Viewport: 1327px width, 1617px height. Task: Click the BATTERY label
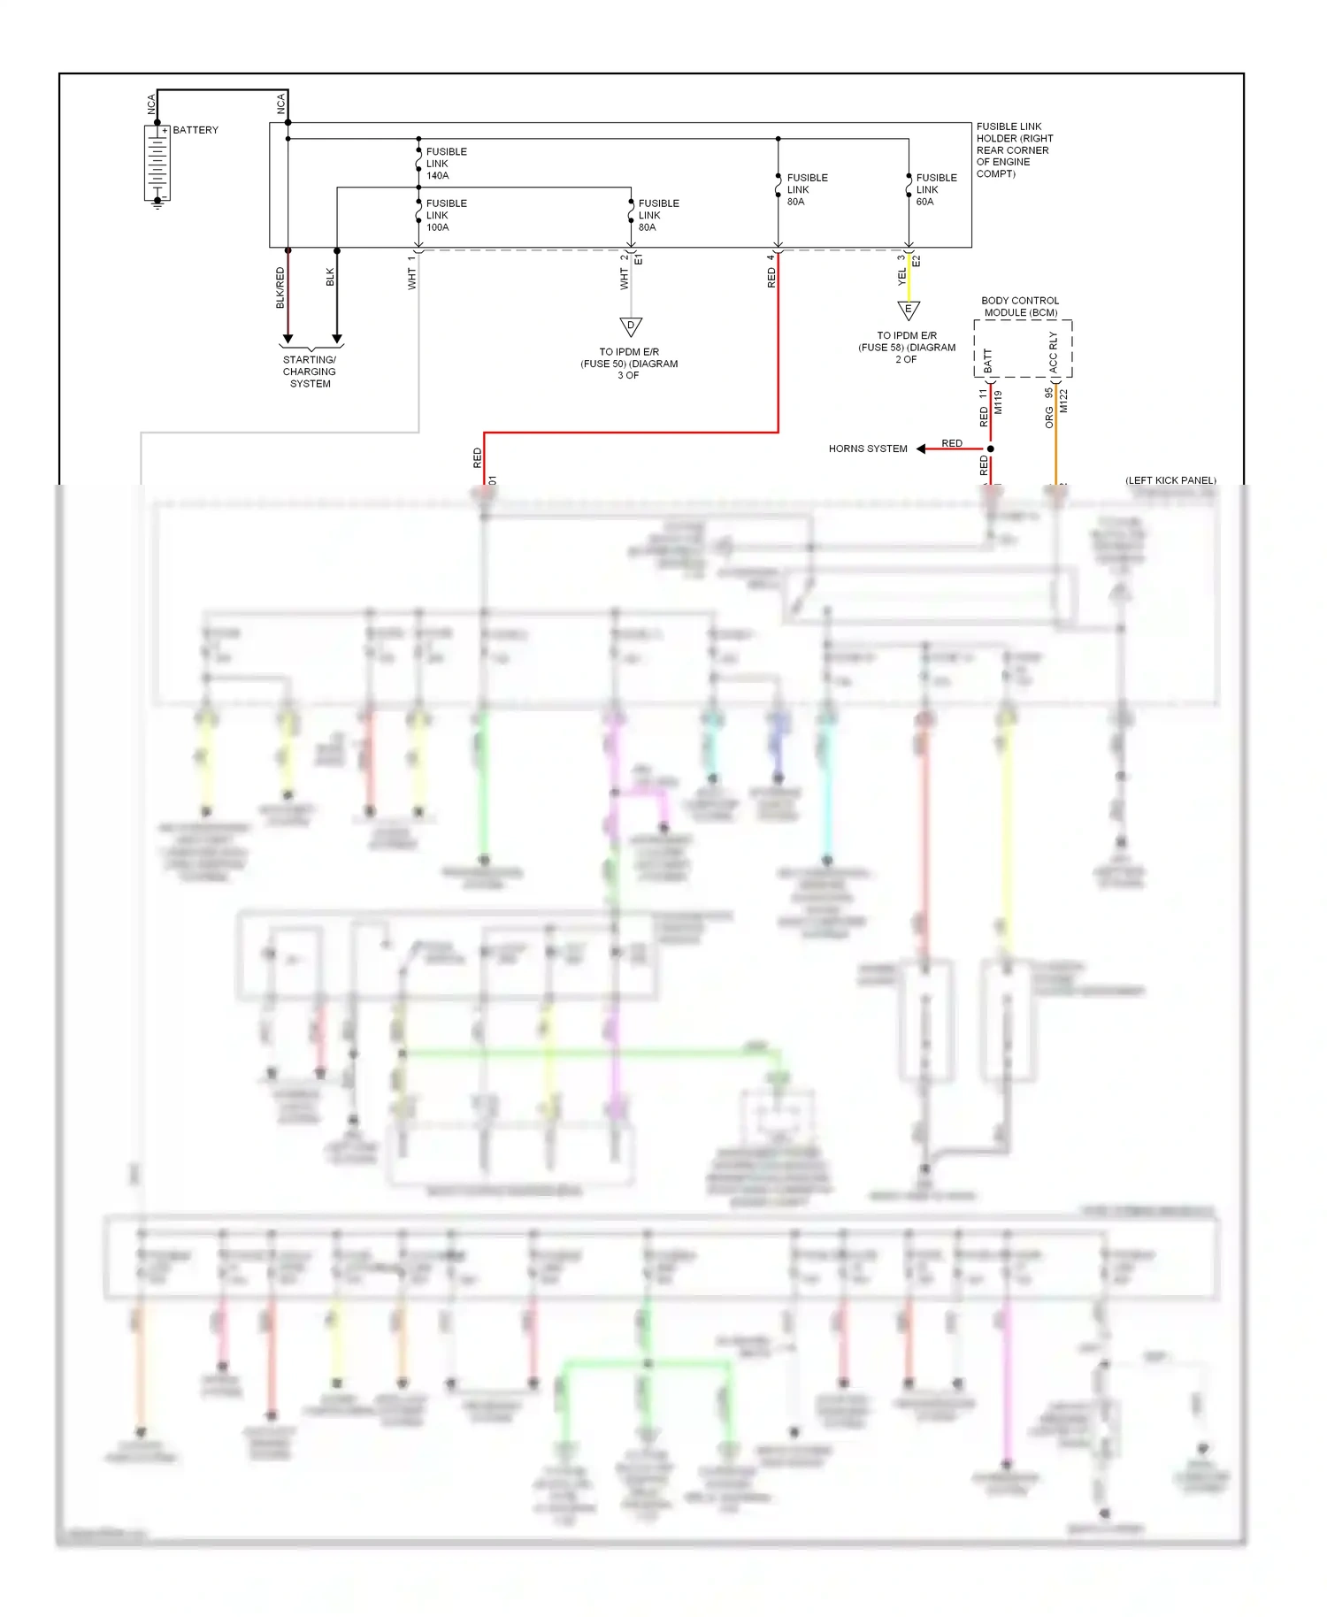point(196,130)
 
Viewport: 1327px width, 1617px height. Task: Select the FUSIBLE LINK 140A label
point(446,164)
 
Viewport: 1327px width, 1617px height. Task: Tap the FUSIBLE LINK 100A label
point(446,215)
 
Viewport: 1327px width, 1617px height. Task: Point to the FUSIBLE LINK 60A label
point(936,189)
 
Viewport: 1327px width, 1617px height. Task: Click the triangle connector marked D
point(631,326)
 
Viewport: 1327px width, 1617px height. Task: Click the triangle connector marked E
point(909,310)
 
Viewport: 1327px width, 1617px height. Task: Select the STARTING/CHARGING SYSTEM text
point(310,372)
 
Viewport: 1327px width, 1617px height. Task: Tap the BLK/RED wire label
point(280,287)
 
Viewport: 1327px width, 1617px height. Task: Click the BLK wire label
point(330,277)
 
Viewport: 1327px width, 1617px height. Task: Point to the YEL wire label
point(901,277)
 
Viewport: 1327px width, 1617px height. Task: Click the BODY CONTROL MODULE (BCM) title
point(1020,306)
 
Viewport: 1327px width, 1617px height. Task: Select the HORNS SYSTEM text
point(868,448)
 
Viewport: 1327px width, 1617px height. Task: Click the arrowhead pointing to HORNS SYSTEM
point(921,448)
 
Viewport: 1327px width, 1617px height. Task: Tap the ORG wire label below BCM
point(1049,418)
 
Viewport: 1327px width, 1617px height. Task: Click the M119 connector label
point(998,402)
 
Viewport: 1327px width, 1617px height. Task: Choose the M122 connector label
point(1064,401)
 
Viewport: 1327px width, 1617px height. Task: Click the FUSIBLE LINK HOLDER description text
point(1014,150)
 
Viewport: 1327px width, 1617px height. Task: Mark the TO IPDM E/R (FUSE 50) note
point(629,364)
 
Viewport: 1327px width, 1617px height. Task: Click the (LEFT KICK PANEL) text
point(1170,480)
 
